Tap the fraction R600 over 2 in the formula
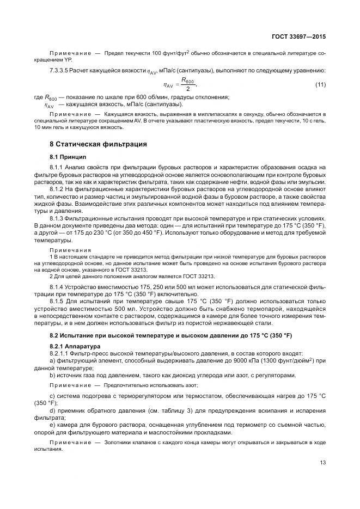187,85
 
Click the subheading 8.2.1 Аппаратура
76,346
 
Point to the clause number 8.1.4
57,286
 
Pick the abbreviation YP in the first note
68,59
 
